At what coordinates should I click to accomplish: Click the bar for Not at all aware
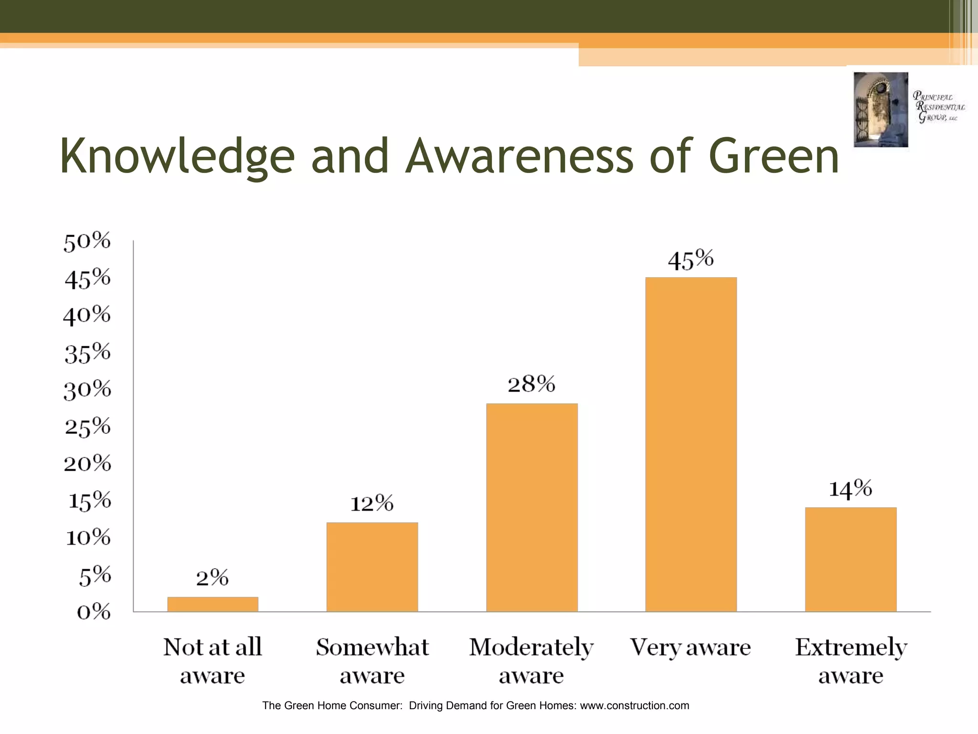click(x=213, y=604)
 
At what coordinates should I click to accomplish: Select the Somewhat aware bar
click(x=372, y=567)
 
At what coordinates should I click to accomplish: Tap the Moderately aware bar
click(x=532, y=507)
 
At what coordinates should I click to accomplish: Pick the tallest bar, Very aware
click(x=691, y=444)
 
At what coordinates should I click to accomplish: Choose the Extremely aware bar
click(x=850, y=559)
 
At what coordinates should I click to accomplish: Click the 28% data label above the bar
click(x=532, y=384)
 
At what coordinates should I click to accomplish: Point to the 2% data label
click(x=213, y=578)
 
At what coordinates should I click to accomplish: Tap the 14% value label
click(x=850, y=489)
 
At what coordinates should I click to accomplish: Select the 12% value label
click(x=372, y=503)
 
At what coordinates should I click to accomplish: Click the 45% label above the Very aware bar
click(x=691, y=260)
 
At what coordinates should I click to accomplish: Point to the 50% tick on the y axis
click(x=87, y=241)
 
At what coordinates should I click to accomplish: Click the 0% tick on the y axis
click(x=94, y=612)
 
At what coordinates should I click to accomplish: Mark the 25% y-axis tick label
click(x=88, y=426)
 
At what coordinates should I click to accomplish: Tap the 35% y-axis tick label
click(x=88, y=353)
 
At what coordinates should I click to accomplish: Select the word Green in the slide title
click(x=774, y=157)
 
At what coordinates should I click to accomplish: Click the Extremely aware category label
click(x=850, y=661)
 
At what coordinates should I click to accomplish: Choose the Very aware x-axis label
click(x=691, y=648)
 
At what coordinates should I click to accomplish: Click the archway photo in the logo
click(x=881, y=109)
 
